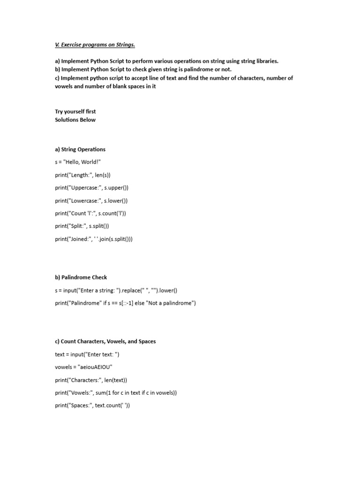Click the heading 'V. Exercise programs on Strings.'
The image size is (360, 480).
click(x=95, y=45)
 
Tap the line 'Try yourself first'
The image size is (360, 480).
click(x=75, y=112)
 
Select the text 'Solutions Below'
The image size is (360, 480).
click(x=75, y=120)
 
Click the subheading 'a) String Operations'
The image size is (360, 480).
click(x=80, y=150)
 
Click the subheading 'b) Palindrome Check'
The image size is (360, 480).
click(x=81, y=277)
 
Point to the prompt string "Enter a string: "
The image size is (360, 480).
click(x=103, y=290)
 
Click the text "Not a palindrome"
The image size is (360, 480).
click(x=166, y=303)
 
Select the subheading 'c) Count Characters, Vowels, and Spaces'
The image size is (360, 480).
click(x=105, y=341)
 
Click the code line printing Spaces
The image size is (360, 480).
click(x=92, y=405)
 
